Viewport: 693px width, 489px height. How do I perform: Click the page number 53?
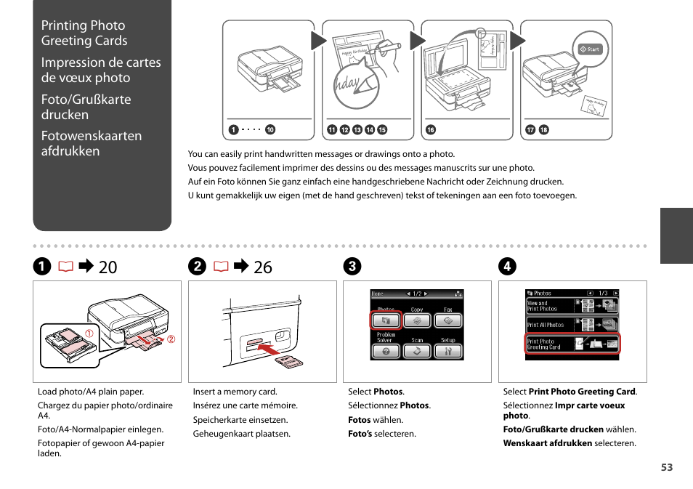pos(666,467)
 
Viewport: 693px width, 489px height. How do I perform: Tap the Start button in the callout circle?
pos(589,49)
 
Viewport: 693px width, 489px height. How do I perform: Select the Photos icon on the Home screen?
pos(386,320)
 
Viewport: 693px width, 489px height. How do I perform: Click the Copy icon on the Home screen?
pos(417,320)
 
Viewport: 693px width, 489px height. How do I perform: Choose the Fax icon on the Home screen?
pos(448,320)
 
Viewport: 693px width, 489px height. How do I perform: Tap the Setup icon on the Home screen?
pos(448,349)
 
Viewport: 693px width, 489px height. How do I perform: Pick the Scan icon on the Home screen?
pos(417,349)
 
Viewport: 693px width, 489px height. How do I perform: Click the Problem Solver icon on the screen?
pos(386,349)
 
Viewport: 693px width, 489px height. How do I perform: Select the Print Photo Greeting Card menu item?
pos(572,344)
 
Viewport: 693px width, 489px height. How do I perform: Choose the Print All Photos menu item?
pos(572,324)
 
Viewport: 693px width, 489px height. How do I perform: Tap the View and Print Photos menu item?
pos(572,305)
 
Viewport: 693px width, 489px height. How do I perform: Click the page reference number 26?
pos(263,267)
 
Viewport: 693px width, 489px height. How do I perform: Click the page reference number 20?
pos(108,267)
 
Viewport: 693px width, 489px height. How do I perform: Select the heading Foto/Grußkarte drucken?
pos(86,107)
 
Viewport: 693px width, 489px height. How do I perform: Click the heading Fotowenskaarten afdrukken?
pos(91,143)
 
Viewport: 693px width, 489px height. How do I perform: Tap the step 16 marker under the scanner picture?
pos(430,130)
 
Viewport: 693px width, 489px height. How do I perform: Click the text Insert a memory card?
pos(235,392)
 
